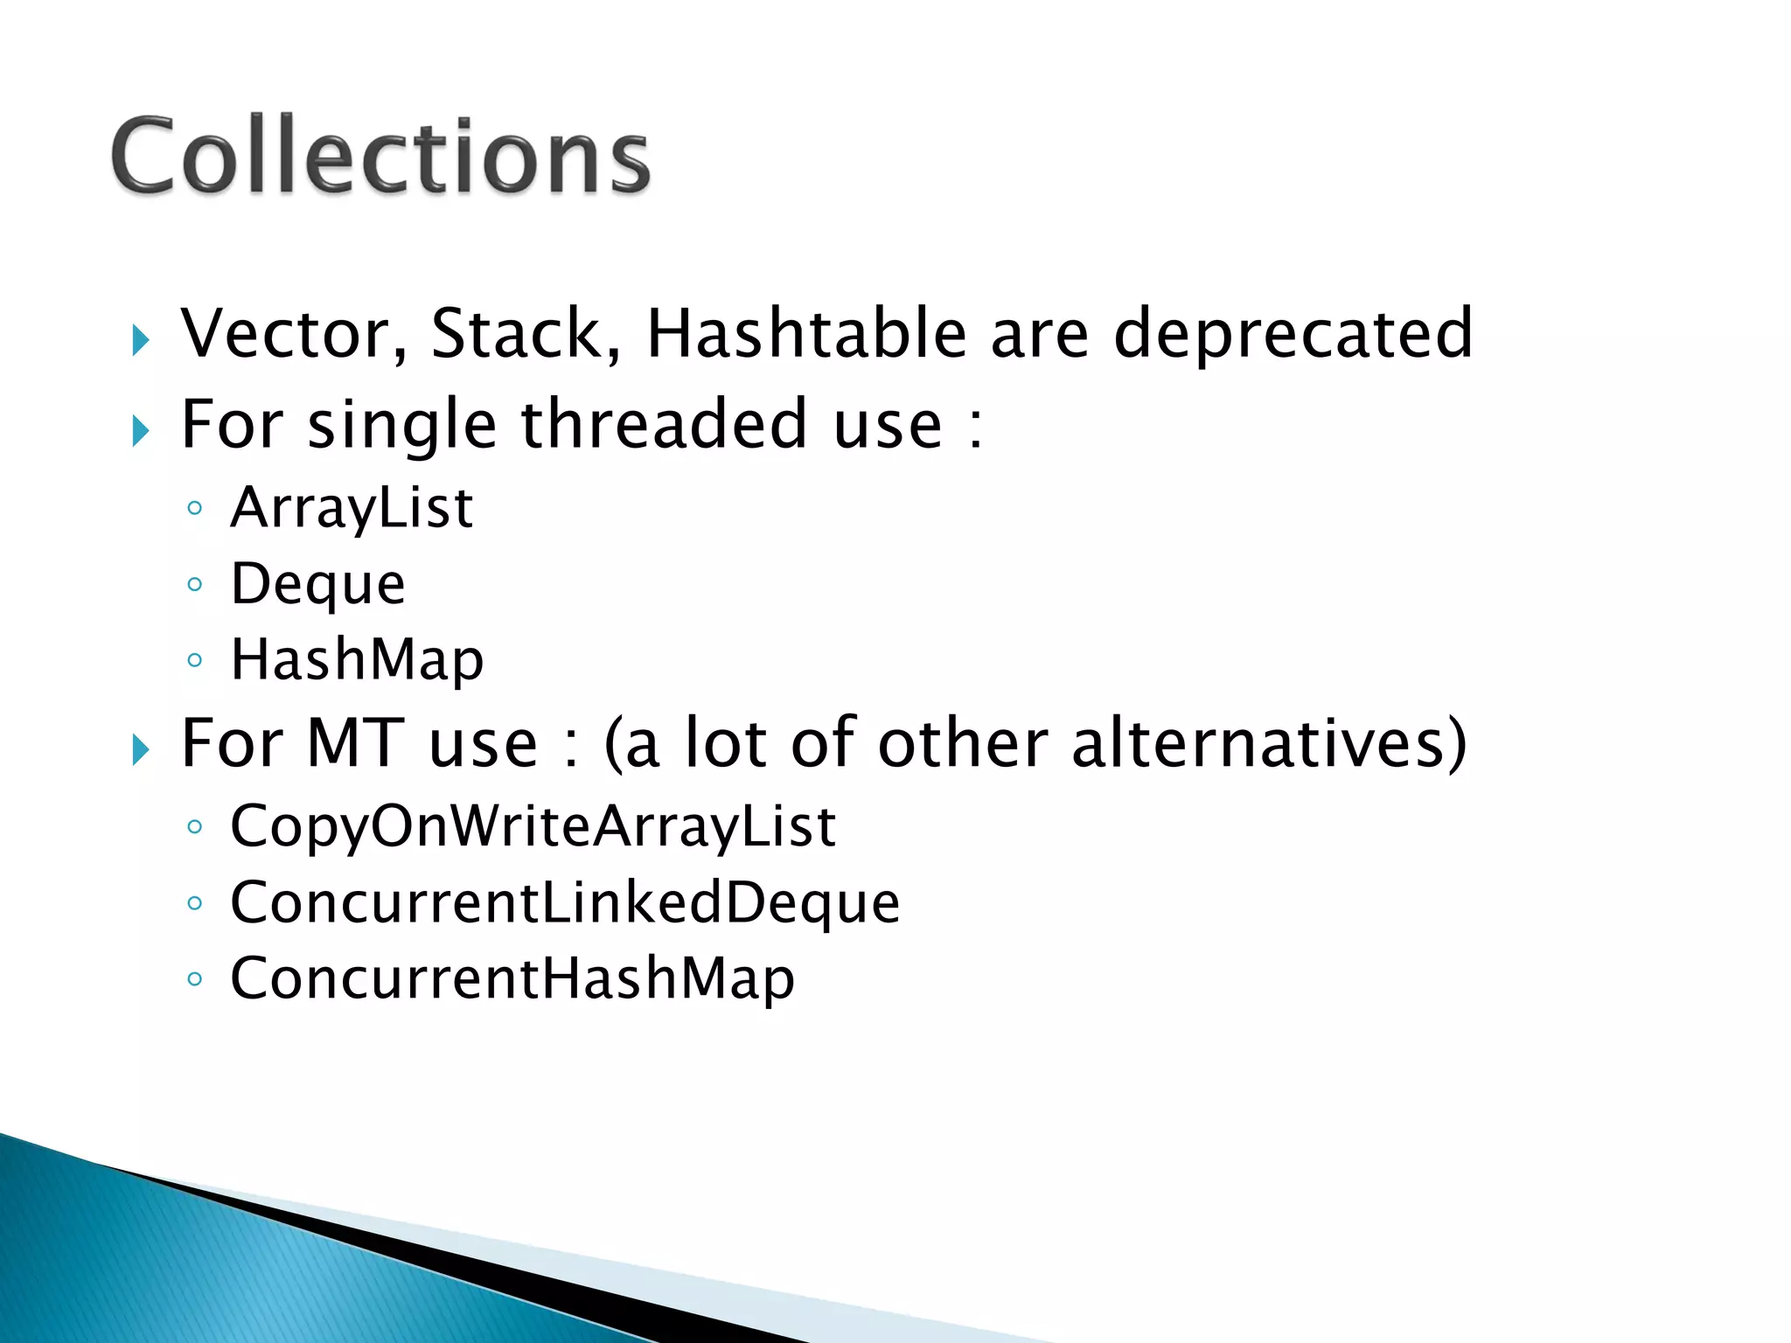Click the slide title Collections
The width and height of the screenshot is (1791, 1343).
click(380, 156)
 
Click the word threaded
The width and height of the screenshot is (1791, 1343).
click(665, 424)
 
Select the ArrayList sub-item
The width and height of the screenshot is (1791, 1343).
click(352, 508)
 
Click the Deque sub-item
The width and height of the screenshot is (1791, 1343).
click(318, 584)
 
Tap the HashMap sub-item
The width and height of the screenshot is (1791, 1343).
click(357, 660)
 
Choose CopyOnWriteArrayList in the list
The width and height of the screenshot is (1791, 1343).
click(533, 826)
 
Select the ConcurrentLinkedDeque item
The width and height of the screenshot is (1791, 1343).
click(565, 902)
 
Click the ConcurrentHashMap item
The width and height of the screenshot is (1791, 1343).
click(512, 978)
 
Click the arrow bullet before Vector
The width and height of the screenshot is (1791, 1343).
click(141, 339)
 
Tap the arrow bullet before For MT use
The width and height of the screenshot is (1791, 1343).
click(141, 749)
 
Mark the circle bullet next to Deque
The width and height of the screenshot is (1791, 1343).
click(195, 584)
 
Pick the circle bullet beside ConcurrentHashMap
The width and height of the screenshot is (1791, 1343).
click(195, 978)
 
